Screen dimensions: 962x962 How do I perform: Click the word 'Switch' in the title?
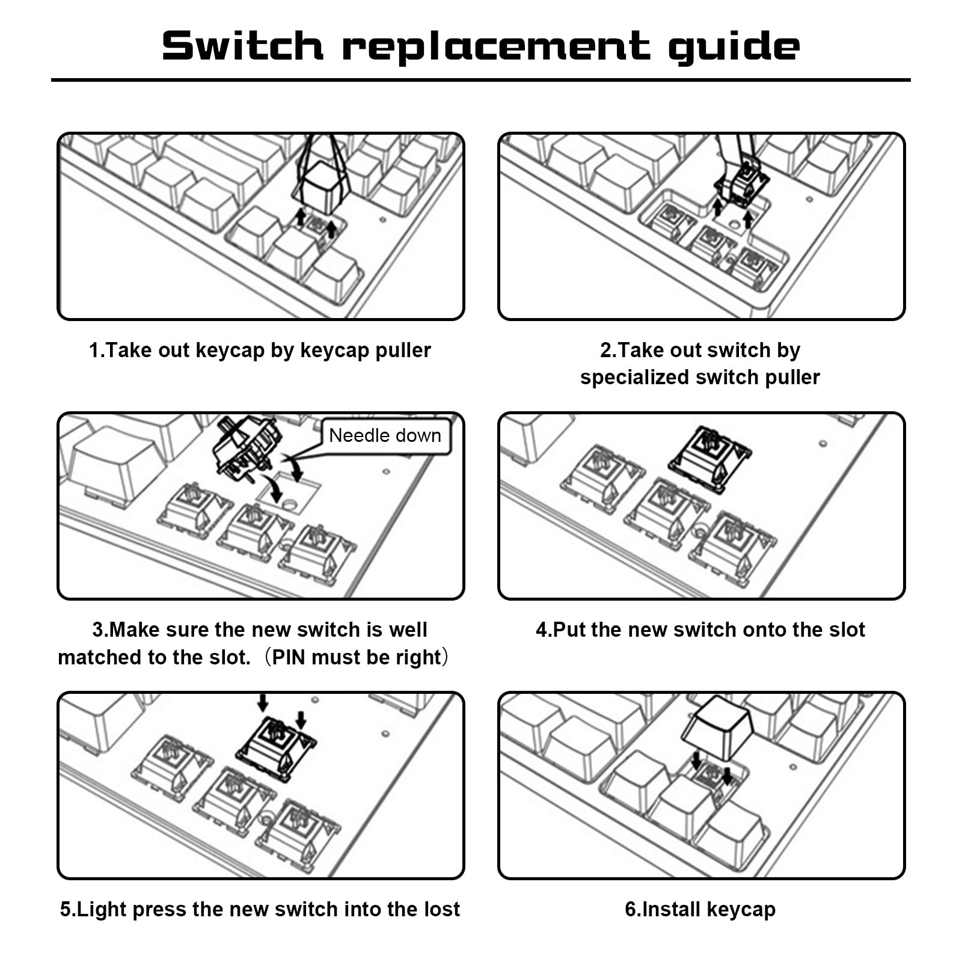pos(242,46)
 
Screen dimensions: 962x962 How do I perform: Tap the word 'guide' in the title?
pos(734,47)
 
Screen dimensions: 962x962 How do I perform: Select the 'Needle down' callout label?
pos(385,435)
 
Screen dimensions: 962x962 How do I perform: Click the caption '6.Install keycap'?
pos(700,909)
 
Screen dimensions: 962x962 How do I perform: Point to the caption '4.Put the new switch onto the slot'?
pos(700,630)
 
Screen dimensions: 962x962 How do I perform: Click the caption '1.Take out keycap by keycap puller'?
pos(260,350)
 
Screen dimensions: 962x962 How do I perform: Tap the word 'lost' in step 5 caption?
pos(442,909)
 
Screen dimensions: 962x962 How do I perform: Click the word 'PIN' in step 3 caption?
pos(290,657)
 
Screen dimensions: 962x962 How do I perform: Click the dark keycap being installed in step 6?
pos(717,728)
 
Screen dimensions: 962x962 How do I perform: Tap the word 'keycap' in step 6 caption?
pos(741,910)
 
